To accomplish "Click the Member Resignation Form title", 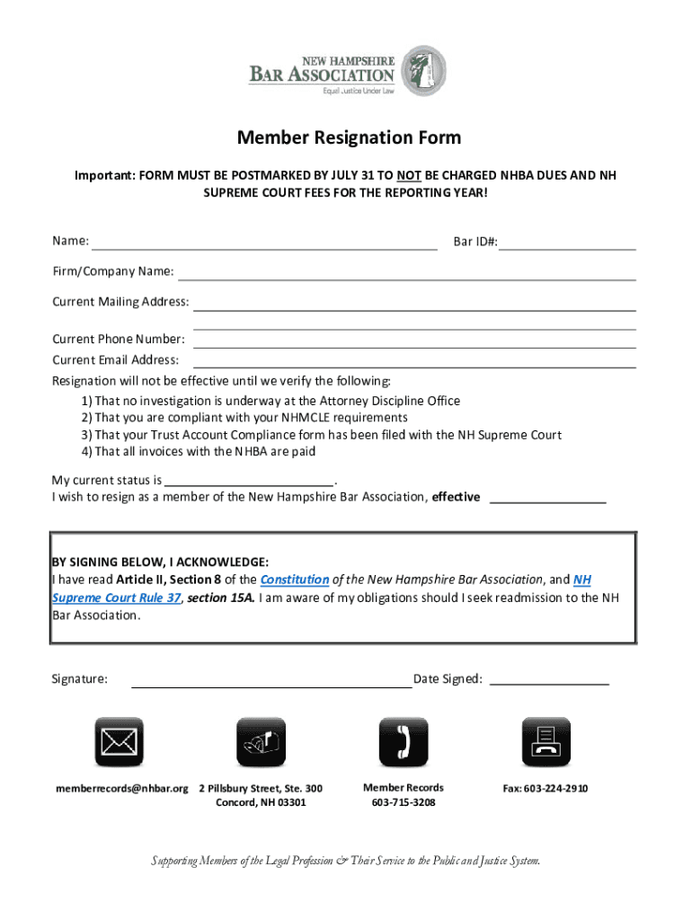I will coord(349,137).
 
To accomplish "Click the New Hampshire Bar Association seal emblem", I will coord(422,72).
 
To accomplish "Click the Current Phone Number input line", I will coord(414,341).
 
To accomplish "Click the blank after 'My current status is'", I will coord(249,480).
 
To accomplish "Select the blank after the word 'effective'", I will coord(547,500).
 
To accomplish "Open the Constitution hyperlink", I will coord(295,580).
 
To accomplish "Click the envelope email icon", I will coord(120,742).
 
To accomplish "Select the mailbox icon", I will coord(261,742).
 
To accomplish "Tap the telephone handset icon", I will coord(403,742).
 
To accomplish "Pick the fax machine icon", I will coord(546,742).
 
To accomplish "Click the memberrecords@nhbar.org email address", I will coord(122,789).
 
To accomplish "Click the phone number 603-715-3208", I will coord(403,802).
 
